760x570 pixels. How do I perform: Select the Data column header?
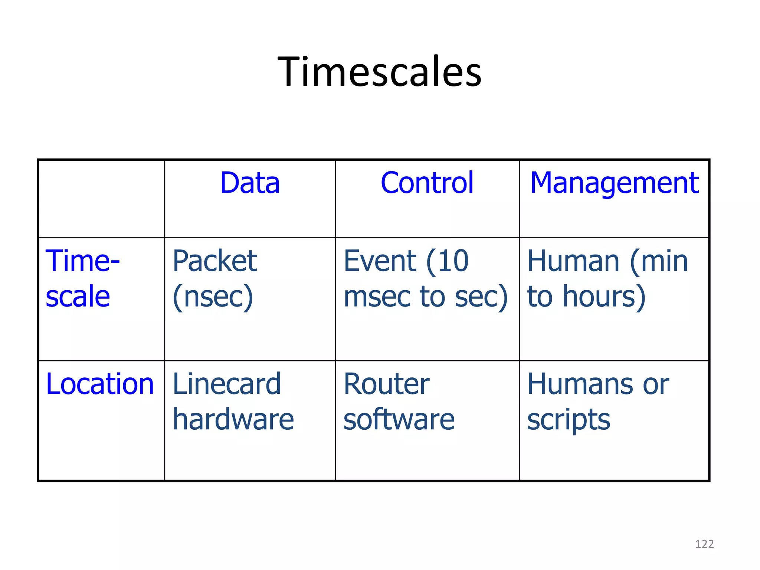(250, 183)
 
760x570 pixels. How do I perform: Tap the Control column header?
(427, 183)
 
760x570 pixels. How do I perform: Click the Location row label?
(99, 384)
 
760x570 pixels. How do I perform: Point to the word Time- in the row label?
(82, 261)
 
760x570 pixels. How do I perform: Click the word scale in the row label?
(78, 297)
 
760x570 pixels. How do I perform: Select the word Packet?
(214, 261)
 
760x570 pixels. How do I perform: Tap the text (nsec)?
(213, 297)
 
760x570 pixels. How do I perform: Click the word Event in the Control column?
(380, 261)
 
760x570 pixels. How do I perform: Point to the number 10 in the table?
(454, 261)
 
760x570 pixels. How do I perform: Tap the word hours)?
(604, 297)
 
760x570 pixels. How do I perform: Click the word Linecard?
(226, 384)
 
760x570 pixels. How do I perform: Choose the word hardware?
(233, 419)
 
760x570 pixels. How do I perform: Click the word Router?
(386, 384)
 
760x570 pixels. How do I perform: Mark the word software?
(399, 419)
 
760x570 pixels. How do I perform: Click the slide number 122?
(704, 544)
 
